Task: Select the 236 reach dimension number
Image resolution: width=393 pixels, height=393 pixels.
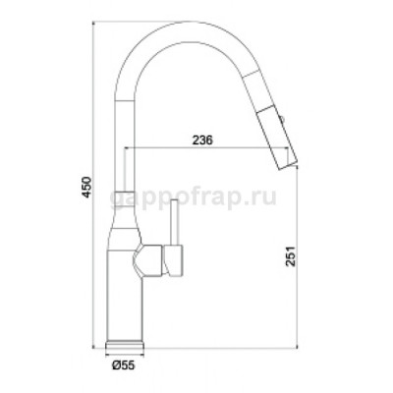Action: [203, 139]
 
